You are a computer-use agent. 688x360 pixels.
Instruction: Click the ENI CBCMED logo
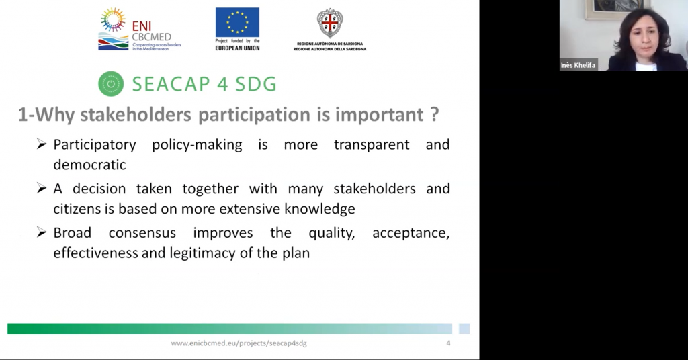tap(140, 30)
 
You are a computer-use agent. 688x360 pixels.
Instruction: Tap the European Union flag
tap(237, 22)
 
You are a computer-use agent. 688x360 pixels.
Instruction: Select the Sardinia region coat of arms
tap(330, 24)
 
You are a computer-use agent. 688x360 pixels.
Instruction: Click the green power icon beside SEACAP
tap(111, 84)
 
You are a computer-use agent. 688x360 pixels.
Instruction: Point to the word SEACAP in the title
tap(174, 84)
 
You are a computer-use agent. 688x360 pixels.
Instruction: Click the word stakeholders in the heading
tap(136, 114)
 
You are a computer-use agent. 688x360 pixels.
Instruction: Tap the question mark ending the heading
tap(435, 114)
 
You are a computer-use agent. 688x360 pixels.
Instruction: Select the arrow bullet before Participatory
tap(42, 144)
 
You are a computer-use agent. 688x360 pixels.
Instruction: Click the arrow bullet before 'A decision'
tap(42, 189)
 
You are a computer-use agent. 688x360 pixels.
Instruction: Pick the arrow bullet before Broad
tap(42, 232)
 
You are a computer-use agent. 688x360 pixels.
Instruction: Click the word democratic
tap(89, 165)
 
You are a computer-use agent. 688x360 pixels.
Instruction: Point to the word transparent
tap(372, 144)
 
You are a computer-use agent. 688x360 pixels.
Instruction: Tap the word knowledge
tap(319, 209)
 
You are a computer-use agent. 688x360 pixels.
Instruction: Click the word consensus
tap(142, 233)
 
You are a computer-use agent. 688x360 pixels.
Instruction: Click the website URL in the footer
tap(239, 343)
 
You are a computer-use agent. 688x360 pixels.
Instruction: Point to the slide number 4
tap(448, 343)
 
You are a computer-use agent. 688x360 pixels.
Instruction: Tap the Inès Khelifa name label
tap(578, 65)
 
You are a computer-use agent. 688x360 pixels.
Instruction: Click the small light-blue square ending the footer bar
tap(464, 329)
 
